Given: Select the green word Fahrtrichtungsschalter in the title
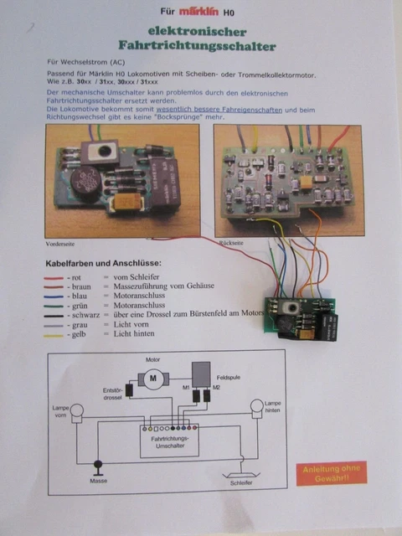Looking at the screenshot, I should [x=201, y=44].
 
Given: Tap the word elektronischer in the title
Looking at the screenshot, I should [x=201, y=30].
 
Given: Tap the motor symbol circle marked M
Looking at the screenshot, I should [x=152, y=379].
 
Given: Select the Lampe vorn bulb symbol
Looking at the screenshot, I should [x=77, y=410].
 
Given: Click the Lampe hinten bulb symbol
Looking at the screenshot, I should [x=257, y=407].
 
